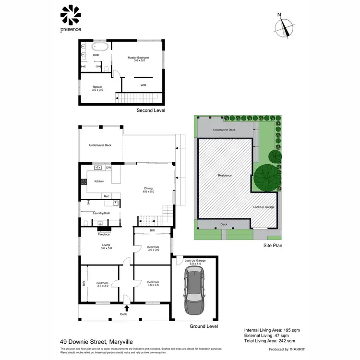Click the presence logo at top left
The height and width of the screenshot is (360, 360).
click(71, 18)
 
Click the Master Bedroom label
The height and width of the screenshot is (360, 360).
click(136, 59)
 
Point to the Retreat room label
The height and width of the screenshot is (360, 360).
click(97, 88)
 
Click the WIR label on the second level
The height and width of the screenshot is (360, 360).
click(143, 84)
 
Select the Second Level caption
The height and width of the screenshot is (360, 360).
click(151, 110)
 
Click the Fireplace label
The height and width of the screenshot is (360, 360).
click(104, 234)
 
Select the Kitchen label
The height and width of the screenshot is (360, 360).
click(99, 181)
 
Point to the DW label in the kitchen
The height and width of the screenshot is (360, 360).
click(108, 168)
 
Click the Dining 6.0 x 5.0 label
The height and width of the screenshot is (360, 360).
click(148, 190)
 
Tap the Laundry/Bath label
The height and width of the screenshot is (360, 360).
click(102, 213)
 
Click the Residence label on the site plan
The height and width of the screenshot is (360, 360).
click(225, 175)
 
